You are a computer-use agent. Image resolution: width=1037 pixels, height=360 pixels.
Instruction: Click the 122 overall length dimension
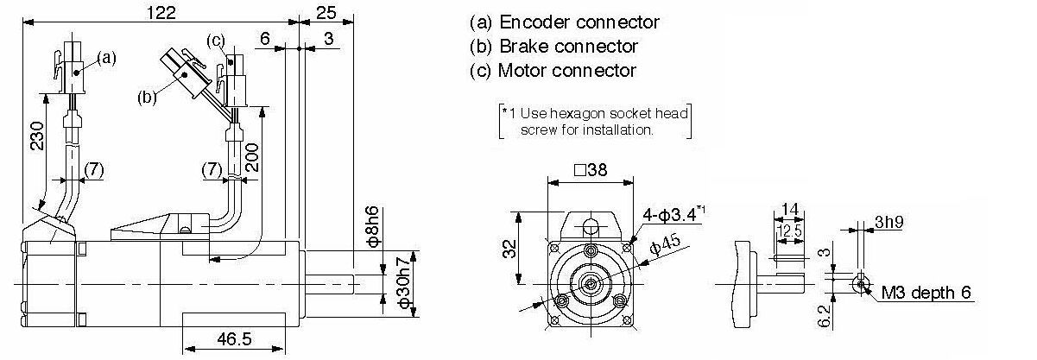pos(161,12)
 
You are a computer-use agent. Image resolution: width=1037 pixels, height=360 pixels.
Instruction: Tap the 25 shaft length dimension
pos(326,12)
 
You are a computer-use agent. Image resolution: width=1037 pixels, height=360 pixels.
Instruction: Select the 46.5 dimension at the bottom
pos(234,339)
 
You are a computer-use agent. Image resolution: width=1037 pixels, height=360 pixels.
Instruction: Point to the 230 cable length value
pos(37,136)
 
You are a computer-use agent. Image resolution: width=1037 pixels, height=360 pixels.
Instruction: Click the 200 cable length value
pos(251,157)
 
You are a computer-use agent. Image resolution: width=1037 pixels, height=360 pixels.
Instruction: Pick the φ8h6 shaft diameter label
pos(373,226)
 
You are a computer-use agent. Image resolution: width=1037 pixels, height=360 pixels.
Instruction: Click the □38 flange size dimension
pos(591,169)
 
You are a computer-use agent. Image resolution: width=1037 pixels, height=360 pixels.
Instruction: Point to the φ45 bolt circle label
pos(666,244)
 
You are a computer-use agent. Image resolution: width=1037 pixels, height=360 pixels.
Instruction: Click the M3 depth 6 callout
pos(926,293)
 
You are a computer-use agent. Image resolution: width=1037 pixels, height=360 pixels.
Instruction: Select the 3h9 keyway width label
pos(888,222)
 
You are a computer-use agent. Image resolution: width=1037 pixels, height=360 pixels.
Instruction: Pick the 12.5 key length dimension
pos(789,231)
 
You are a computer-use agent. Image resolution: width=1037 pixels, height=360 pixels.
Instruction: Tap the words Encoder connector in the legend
pos(579,22)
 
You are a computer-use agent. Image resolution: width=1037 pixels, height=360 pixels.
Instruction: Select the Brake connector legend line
pos(553,47)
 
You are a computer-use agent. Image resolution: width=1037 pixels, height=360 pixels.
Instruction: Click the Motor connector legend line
pos(553,70)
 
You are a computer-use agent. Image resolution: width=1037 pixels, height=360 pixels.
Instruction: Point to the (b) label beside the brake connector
pos(147,98)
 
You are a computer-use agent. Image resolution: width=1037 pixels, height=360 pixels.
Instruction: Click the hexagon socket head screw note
pos(596,121)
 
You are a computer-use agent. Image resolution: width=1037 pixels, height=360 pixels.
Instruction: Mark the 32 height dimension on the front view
pos(509,248)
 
